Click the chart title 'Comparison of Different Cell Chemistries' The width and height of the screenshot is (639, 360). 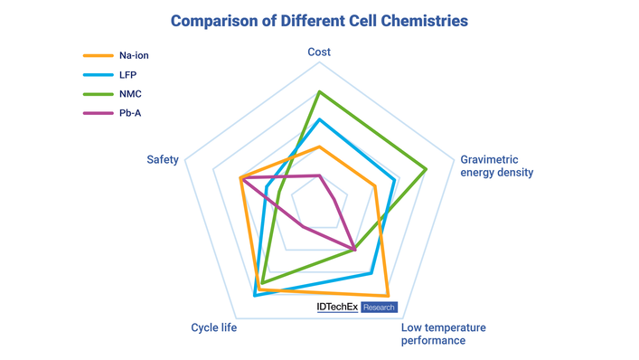point(319,19)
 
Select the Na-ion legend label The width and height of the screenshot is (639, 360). point(134,56)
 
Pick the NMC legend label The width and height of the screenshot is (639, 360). point(130,94)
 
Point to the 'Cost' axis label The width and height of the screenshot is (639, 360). point(319,52)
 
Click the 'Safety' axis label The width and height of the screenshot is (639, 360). point(163,160)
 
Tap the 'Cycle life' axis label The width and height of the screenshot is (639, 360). point(214,327)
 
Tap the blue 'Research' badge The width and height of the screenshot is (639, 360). point(379,308)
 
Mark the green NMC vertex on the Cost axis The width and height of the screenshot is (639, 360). point(319,91)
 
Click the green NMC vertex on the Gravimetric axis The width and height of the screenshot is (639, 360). point(426,168)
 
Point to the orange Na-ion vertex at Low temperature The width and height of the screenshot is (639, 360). point(388,296)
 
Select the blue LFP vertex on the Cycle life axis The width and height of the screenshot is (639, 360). point(255,294)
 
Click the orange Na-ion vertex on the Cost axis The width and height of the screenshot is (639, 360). point(319,147)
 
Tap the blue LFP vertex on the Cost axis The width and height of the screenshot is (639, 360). point(319,118)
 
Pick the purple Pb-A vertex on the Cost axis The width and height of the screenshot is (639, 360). point(319,175)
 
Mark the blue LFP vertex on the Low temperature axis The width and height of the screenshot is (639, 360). point(371,272)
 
